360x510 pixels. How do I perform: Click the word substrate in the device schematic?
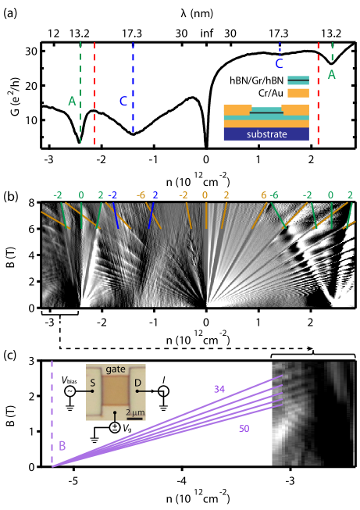click(x=266, y=134)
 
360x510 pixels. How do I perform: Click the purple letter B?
click(x=62, y=446)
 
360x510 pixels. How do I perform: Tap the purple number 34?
click(x=219, y=387)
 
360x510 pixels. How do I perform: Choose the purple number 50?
click(x=244, y=429)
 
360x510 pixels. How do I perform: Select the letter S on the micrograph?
click(x=93, y=383)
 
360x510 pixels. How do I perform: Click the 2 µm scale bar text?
click(x=134, y=412)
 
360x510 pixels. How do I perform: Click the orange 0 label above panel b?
click(x=205, y=194)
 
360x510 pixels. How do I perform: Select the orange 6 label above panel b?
click(x=264, y=194)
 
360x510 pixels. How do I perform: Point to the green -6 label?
click(x=274, y=194)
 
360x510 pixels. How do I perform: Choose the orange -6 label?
click(x=141, y=194)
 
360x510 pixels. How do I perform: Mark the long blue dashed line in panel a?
click(x=134, y=86)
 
